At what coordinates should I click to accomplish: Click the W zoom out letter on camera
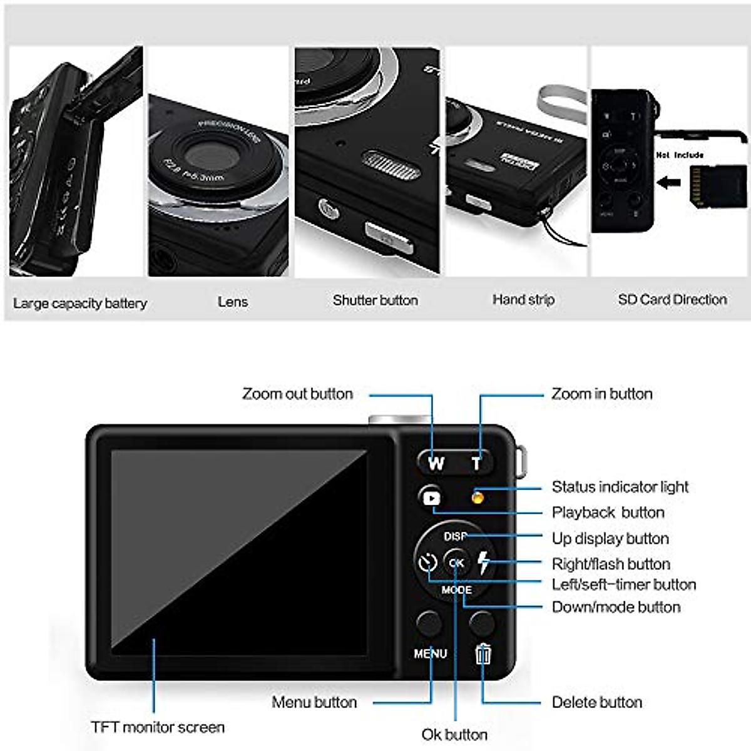pos(436,463)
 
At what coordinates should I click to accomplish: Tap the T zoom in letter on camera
pos(476,463)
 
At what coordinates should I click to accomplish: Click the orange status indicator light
pos(477,498)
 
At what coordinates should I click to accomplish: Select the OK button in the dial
pos(456,563)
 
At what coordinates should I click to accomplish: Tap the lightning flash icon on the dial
pos(484,563)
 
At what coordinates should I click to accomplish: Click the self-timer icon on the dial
pos(427,563)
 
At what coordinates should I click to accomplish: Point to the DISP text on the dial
pos(456,536)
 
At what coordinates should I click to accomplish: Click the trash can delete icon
pos(483,654)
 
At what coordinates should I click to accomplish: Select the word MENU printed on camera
pos(431,653)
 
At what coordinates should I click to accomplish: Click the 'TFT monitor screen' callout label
pos(158,727)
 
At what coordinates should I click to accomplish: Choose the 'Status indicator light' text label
pos(620,487)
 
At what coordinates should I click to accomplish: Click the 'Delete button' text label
pos(596,702)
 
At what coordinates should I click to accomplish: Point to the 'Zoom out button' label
pos(297,394)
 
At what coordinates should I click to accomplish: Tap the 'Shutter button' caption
pos(375,300)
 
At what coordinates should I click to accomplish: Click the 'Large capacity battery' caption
pos(80,304)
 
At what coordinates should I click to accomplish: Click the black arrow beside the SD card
pos(669,183)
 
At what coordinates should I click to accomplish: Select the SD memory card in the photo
pos(716,186)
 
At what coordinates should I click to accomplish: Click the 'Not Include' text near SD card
pos(680,155)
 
